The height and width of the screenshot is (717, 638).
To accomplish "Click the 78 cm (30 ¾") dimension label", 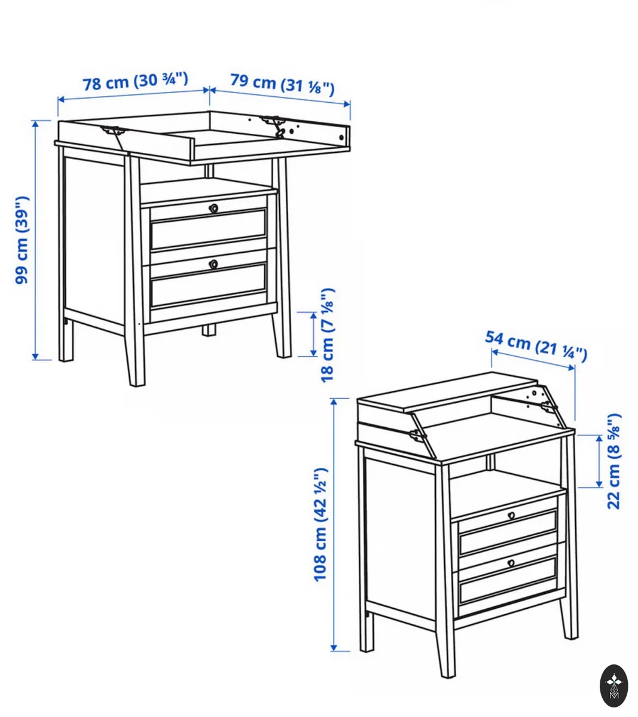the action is click(135, 82).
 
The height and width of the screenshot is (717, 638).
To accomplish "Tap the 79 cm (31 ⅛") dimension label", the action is click(282, 85).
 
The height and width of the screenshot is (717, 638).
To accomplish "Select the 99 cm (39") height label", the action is click(22, 240).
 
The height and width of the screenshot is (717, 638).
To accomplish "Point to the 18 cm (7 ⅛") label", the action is click(327, 335).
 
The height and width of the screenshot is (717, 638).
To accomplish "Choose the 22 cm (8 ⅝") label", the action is click(613, 461).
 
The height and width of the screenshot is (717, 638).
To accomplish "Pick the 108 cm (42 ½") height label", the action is click(321, 525).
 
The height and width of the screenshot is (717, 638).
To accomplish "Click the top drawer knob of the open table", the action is click(213, 209).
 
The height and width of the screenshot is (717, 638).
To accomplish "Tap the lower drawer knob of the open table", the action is click(213, 264).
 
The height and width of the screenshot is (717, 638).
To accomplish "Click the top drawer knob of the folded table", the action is click(511, 516).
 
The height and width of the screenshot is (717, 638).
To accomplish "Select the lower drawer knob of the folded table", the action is click(511, 563).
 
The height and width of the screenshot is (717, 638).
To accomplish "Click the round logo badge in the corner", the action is click(614, 686).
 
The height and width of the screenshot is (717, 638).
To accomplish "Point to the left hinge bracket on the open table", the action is click(114, 131).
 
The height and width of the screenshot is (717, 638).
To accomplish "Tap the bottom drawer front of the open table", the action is click(209, 284).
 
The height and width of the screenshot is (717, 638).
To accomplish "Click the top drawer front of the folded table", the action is click(508, 532).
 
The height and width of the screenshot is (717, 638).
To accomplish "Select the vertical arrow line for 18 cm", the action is click(313, 334).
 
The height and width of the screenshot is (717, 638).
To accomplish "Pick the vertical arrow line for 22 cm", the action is click(599, 461).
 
